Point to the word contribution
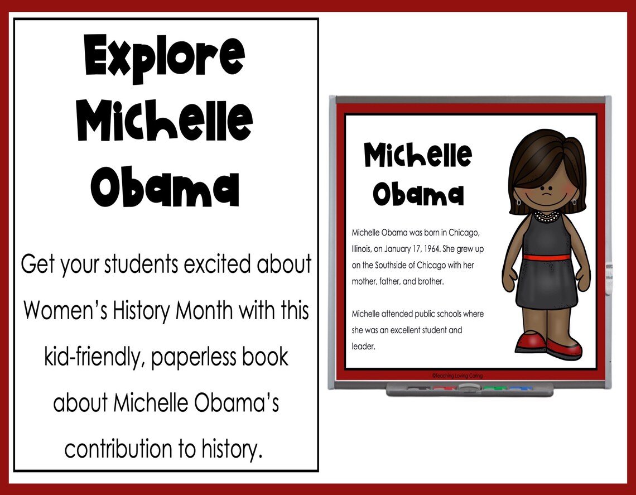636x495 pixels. point(123,448)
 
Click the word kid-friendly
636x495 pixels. point(86,357)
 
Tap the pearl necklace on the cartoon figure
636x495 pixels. point(545,215)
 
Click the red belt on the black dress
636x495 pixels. point(546,258)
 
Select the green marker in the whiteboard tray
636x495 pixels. point(490,387)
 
